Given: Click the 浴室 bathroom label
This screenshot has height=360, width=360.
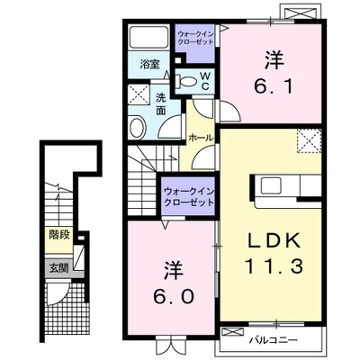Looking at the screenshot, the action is click(149, 64).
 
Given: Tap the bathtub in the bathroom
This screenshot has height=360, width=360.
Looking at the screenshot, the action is click(149, 37).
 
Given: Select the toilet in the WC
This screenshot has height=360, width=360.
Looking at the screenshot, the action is click(187, 81).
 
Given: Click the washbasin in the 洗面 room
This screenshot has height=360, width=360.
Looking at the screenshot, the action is click(138, 127).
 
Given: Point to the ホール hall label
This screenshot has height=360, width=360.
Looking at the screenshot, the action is click(201, 138).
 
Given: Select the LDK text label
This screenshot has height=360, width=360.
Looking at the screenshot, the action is click(274, 241).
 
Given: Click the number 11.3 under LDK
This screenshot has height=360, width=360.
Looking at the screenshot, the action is click(274, 266).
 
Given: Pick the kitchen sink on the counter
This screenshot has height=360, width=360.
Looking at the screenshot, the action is click(271, 185).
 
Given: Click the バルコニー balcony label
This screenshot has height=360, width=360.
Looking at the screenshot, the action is click(274, 340).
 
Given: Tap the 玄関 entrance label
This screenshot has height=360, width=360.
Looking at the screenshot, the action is click(59, 268).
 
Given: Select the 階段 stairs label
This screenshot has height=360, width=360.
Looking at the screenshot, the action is click(59, 235).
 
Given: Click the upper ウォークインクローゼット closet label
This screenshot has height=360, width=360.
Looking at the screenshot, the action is click(195, 38).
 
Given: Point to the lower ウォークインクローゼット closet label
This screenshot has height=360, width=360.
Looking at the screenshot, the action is click(189, 196).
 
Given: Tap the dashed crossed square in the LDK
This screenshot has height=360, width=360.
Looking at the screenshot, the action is click(310, 140).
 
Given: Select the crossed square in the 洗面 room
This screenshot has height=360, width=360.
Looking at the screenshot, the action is click(139, 94).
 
